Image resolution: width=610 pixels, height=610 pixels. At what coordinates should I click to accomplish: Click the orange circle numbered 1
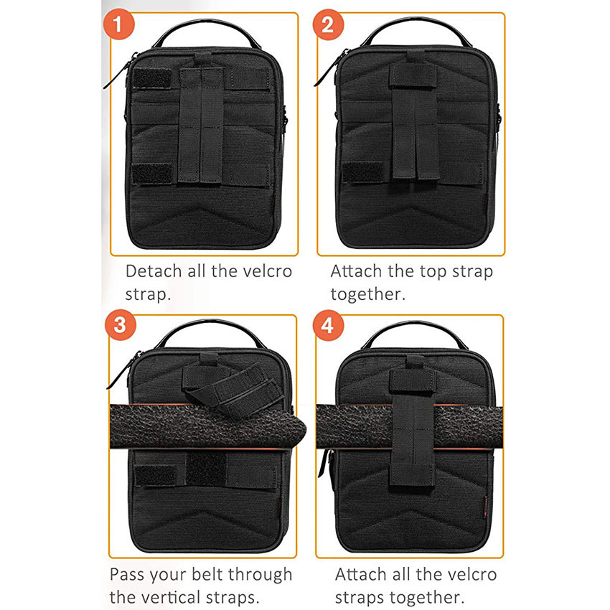tap(123, 27)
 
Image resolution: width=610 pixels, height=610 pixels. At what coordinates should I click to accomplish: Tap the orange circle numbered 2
tap(327, 27)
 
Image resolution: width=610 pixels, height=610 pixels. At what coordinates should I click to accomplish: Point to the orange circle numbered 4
tap(328, 325)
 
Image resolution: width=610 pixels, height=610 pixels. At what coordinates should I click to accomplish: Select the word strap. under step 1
tap(148, 295)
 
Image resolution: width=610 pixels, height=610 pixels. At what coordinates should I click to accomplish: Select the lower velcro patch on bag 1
tap(152, 174)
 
